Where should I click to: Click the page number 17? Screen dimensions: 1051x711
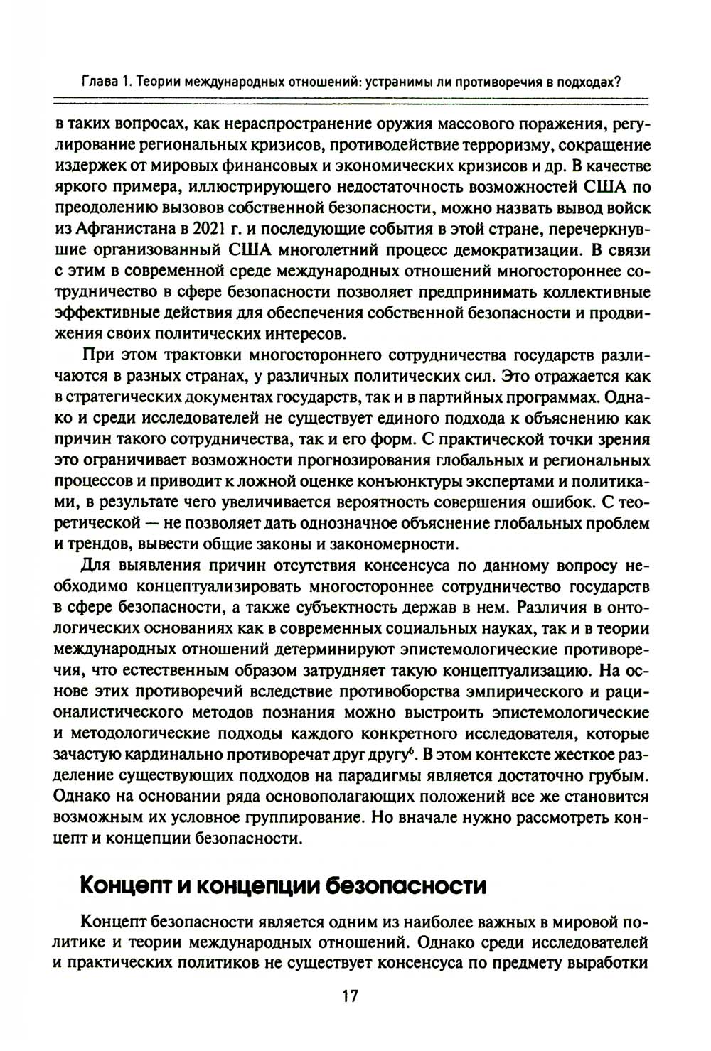(x=350, y=996)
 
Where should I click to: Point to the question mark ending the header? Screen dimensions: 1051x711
(x=619, y=81)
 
